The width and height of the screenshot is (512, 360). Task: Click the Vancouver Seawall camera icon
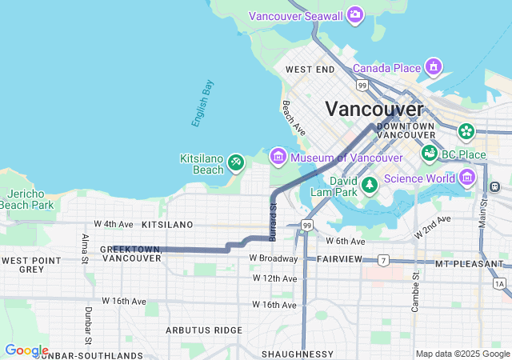355,15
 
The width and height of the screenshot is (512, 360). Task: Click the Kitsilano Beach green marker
235,163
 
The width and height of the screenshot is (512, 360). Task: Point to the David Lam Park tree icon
369,186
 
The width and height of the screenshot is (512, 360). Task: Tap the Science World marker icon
466,178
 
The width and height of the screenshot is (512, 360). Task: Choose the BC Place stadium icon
430,153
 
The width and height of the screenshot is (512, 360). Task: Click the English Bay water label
202,103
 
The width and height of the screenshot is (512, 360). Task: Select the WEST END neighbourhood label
309,70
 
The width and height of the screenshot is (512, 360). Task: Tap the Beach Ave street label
293,117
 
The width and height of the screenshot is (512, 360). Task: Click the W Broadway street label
273,258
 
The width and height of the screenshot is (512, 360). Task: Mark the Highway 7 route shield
384,261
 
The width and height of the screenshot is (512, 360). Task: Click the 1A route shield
500,283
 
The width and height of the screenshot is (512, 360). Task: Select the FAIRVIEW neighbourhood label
340,259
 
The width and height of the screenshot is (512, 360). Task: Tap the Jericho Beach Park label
26,200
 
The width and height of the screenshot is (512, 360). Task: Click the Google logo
26,350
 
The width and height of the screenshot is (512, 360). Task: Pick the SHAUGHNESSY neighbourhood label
297,354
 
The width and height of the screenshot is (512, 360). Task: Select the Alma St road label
85,248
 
